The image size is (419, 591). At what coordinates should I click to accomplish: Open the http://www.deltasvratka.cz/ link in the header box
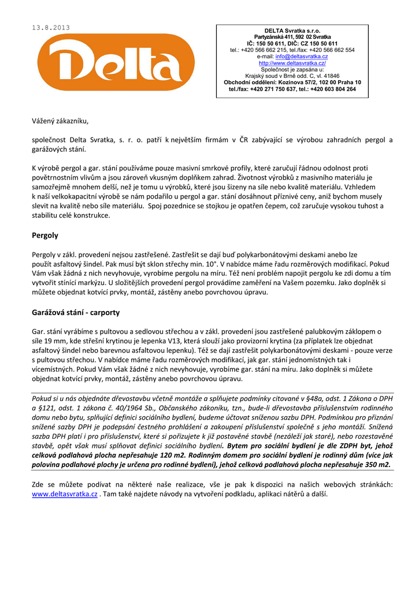click(292, 63)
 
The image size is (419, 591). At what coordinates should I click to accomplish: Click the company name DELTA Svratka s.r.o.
click(292, 31)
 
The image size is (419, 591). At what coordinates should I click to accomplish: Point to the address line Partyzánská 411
click(276, 37)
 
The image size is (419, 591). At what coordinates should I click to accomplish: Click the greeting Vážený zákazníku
click(60, 121)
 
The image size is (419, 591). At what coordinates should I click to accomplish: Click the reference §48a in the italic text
click(306, 398)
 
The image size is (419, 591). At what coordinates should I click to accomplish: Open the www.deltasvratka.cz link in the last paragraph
click(64, 495)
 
